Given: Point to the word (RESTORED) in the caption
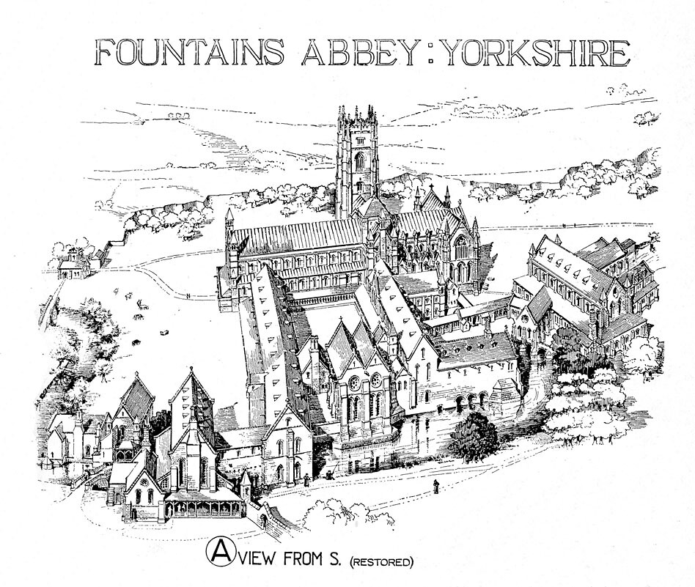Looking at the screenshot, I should click(x=381, y=563).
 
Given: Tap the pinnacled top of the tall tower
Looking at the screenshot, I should click(x=357, y=114).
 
